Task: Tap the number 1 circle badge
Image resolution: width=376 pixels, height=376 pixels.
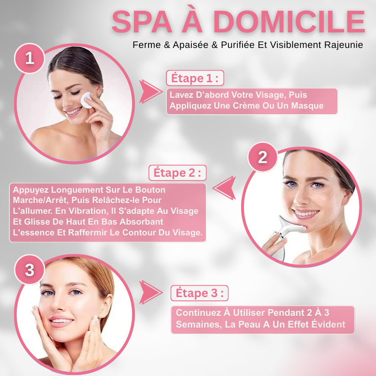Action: (30, 58)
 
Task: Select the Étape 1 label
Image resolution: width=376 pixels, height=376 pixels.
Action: (195, 78)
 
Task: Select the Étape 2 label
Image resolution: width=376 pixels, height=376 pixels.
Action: (177, 172)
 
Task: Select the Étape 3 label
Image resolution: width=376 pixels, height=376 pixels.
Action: (199, 293)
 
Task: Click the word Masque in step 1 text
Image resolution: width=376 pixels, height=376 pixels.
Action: (306, 106)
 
